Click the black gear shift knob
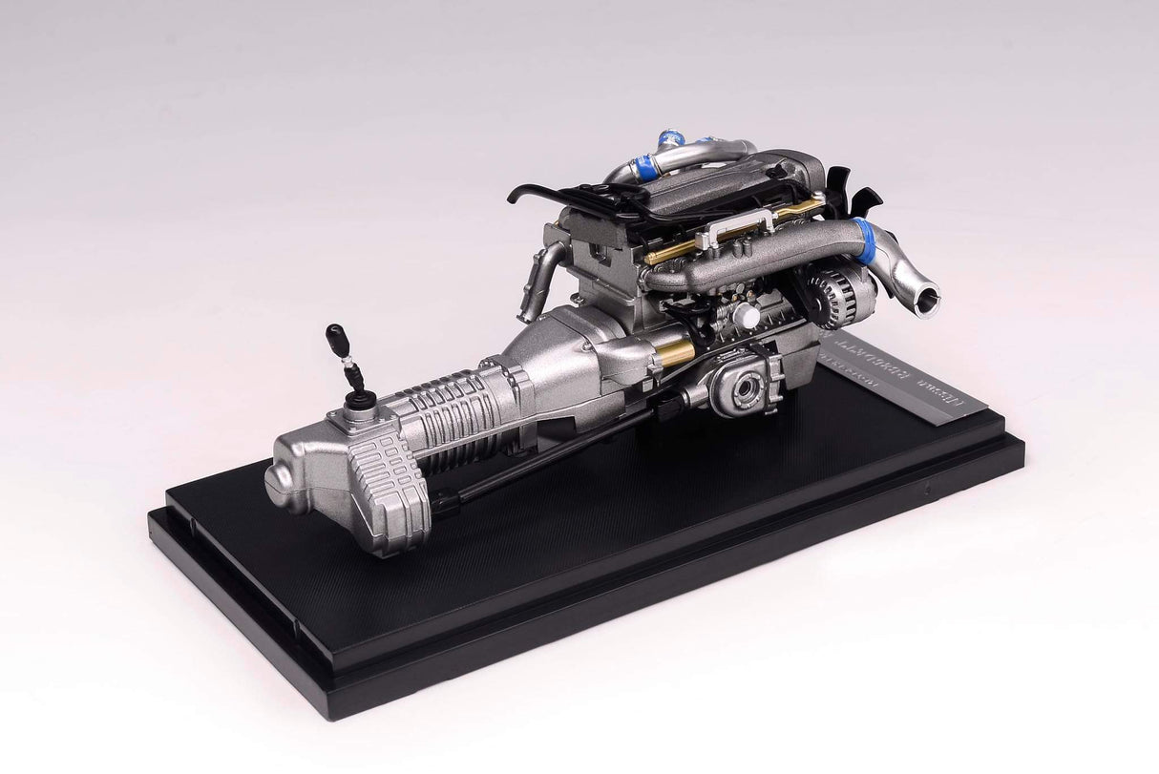coord(337,337)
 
